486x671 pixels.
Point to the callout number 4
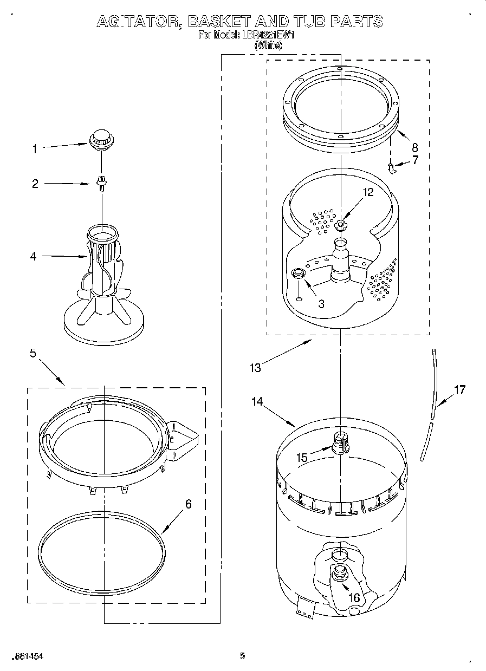click(x=34, y=257)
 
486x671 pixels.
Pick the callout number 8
click(x=414, y=147)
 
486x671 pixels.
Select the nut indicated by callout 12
click(x=341, y=225)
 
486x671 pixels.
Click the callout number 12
click(x=368, y=192)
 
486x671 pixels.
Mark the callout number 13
click(x=255, y=368)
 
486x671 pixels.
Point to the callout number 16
click(x=354, y=598)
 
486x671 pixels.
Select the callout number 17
click(x=459, y=389)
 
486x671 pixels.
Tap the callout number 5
click(x=33, y=353)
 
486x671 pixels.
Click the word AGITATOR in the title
click(x=139, y=22)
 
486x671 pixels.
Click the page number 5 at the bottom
click(x=243, y=656)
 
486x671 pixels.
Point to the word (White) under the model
click(x=268, y=45)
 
